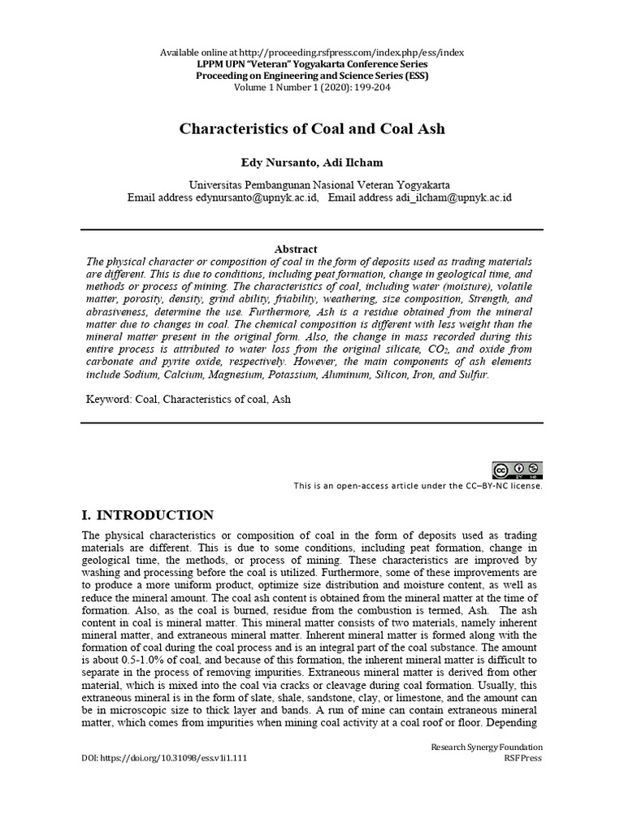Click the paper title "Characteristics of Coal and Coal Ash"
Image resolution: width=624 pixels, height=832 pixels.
(311, 128)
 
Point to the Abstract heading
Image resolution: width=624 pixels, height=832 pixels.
(295, 249)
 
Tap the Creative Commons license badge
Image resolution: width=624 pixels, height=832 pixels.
(517, 470)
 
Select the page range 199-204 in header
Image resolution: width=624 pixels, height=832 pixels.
(370, 87)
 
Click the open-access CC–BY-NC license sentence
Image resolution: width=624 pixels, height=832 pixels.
(418, 486)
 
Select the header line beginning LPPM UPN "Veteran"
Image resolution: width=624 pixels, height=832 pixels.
(311, 64)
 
